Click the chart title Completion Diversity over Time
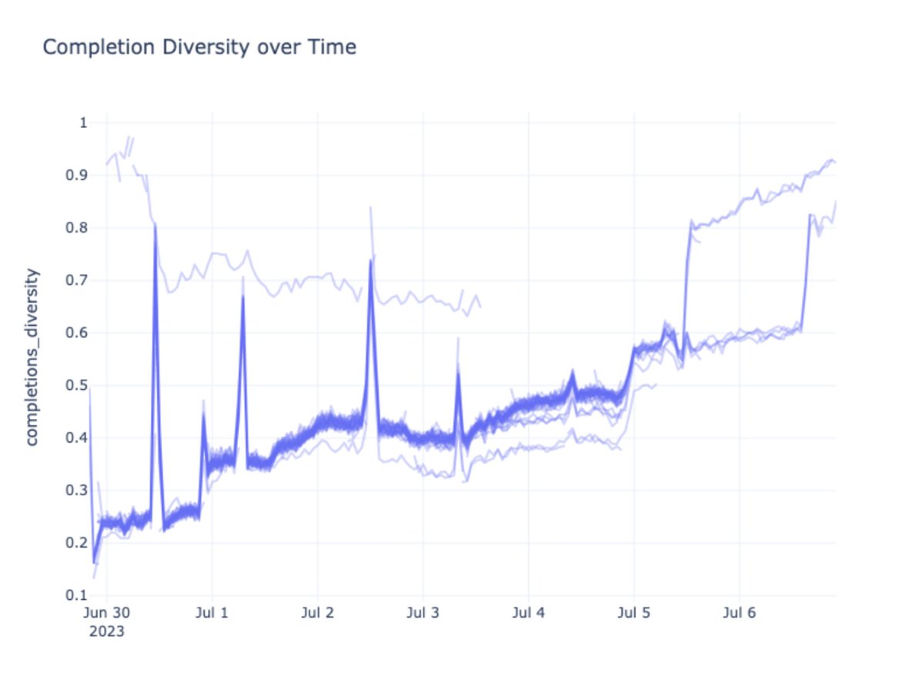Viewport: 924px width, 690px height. pyautogui.click(x=199, y=48)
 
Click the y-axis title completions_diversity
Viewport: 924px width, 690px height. pyautogui.click(x=32, y=357)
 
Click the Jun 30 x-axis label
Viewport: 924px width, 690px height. pyautogui.click(x=106, y=614)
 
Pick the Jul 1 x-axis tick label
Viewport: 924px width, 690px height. pyautogui.click(x=212, y=614)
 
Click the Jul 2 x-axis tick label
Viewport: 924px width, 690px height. pyautogui.click(x=317, y=614)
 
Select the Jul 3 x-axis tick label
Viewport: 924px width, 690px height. pyautogui.click(x=423, y=614)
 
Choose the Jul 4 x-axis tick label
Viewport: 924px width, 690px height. pyautogui.click(x=528, y=614)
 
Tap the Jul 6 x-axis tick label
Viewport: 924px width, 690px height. pyautogui.click(x=739, y=614)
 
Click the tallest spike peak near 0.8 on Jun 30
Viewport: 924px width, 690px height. pyautogui.click(x=156, y=224)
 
